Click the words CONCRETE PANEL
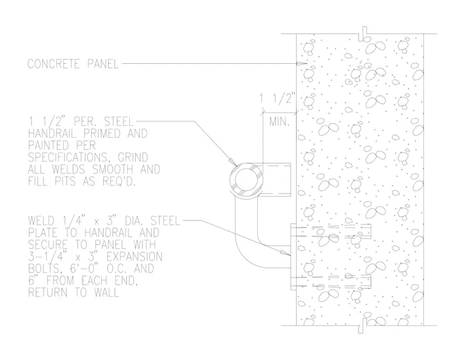[x=73, y=64]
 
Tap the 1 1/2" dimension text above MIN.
[x=277, y=98]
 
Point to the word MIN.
[x=279, y=121]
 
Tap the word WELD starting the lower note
[x=41, y=221]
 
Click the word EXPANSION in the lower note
[x=135, y=257]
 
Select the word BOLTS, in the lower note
[x=44, y=269]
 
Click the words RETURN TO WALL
[x=73, y=293]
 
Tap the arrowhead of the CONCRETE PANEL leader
[x=302, y=63]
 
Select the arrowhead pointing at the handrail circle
[x=232, y=163]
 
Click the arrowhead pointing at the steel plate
[x=285, y=253]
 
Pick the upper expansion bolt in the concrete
[x=334, y=231]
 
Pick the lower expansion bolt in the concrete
[x=334, y=282]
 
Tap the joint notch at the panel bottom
[x=363, y=325]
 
